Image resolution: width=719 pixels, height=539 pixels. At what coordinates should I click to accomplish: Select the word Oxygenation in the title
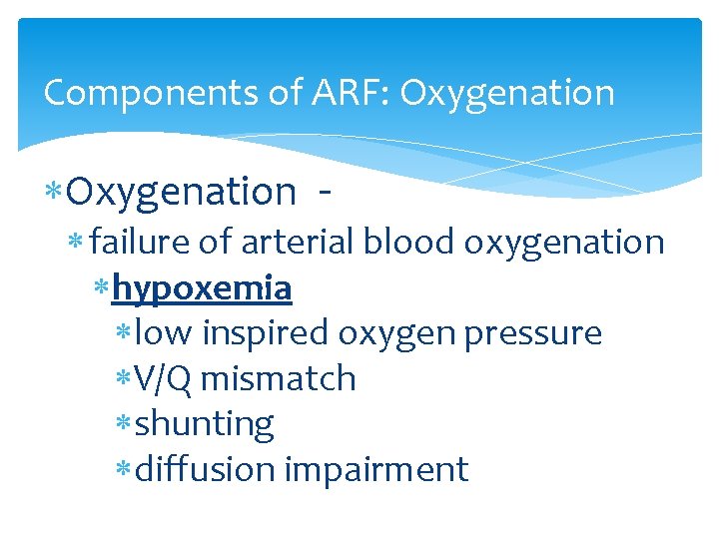click(507, 93)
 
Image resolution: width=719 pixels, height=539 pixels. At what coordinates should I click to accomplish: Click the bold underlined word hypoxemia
click(203, 287)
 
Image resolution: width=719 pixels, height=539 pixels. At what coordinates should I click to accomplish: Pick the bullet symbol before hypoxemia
click(102, 288)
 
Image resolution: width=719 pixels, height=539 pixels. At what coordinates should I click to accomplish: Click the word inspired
click(266, 333)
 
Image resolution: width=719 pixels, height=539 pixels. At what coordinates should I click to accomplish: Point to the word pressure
click(544, 333)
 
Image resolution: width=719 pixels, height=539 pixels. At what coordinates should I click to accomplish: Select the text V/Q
click(157, 378)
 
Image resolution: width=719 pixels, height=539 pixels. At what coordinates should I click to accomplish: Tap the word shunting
click(204, 424)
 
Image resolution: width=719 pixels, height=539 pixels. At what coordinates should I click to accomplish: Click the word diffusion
click(205, 469)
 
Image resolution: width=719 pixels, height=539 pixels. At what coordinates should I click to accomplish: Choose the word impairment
click(376, 469)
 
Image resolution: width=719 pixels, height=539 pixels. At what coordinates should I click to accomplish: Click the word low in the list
click(164, 333)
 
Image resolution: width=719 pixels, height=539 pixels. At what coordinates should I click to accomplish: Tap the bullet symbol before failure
click(79, 243)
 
